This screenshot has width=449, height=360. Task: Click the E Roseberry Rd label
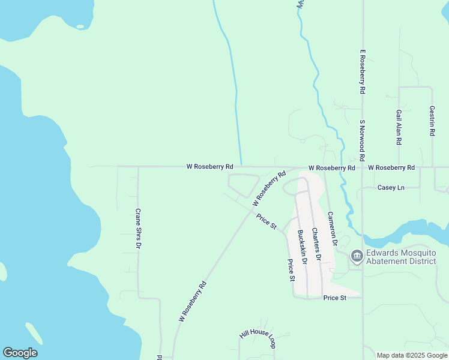click(363, 72)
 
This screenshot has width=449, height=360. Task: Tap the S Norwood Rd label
click(363, 140)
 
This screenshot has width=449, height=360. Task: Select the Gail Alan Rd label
click(399, 127)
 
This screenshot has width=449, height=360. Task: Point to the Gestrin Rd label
click(432, 121)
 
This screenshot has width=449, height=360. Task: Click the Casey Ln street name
click(391, 188)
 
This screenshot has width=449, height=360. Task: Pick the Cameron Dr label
click(332, 228)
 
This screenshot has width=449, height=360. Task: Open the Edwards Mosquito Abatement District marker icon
click(357, 257)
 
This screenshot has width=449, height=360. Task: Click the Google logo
click(20, 353)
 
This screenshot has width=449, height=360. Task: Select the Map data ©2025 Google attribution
click(412, 355)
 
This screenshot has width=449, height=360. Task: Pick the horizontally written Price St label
click(335, 298)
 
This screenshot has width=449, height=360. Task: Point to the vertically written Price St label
click(291, 270)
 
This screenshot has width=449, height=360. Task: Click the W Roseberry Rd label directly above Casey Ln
click(391, 168)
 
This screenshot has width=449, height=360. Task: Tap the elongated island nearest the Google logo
click(34, 334)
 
